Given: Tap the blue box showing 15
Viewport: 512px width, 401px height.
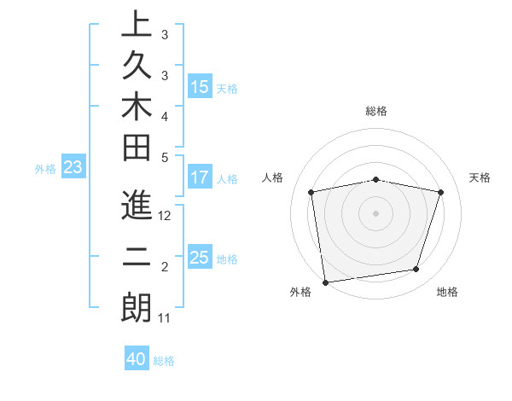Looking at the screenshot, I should [200, 86].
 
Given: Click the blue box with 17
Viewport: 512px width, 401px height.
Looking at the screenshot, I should [200, 177].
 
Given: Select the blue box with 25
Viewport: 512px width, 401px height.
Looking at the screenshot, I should [200, 258].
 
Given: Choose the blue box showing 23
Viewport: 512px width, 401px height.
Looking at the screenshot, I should [73, 167].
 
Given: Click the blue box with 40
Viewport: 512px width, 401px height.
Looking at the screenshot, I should [137, 359].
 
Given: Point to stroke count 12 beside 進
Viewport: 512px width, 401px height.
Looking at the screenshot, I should [166, 217].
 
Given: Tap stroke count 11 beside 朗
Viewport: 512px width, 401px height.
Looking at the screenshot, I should [165, 318].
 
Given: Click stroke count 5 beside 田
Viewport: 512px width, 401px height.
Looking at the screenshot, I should [165, 156].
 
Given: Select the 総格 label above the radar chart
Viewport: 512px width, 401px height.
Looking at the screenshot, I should [376, 111].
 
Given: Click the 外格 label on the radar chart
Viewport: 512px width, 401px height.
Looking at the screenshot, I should [300, 292].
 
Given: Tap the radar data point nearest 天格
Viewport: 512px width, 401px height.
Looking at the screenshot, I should [440, 192].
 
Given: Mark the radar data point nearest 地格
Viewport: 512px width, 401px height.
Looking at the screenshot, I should [416, 270].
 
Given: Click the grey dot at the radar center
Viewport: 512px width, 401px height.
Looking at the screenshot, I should [376, 213].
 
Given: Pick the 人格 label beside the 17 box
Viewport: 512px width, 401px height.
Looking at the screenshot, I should [227, 179].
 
